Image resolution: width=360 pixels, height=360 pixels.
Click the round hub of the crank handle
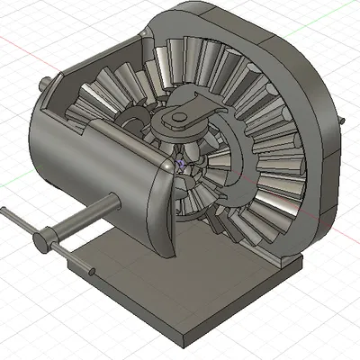[x=41, y=243]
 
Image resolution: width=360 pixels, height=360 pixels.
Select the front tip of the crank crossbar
[x=94, y=271]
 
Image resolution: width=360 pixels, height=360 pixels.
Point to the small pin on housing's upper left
[x=46, y=84]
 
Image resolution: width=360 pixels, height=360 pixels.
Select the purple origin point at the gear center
[x=180, y=165]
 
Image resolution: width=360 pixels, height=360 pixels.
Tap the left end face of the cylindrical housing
[x=45, y=153]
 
